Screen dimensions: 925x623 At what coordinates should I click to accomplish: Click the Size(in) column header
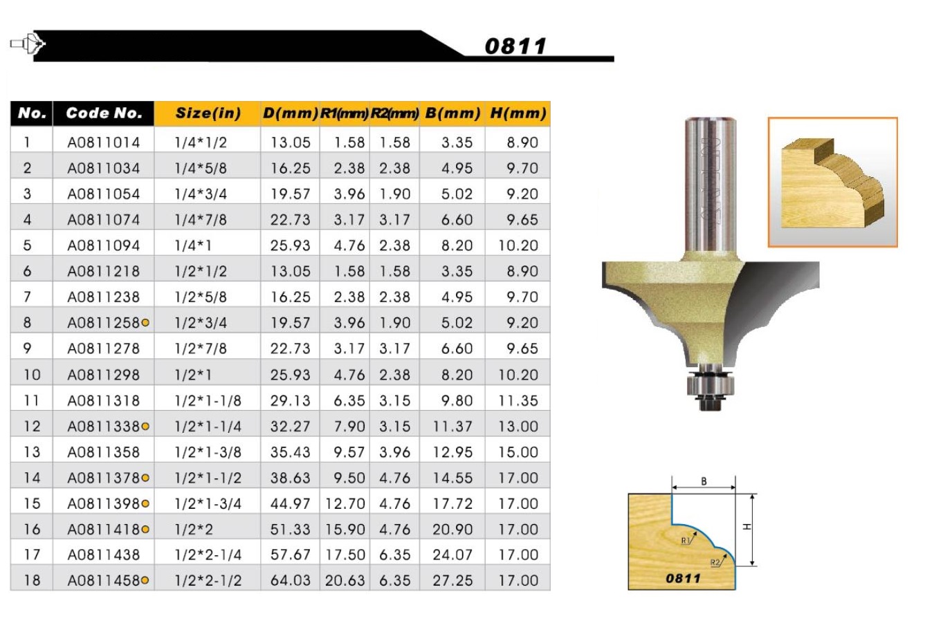point(208,113)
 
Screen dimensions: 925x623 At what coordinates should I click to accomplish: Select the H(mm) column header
point(518,113)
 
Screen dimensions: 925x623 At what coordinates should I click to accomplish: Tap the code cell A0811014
point(104,142)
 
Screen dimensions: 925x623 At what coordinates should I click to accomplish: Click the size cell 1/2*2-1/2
point(208,581)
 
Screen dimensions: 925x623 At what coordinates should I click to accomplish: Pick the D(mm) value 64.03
point(291,581)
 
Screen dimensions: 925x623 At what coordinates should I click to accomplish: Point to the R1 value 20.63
point(345,581)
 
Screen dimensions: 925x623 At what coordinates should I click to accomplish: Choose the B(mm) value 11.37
point(452,426)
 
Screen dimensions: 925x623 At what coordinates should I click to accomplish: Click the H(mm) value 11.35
point(518,400)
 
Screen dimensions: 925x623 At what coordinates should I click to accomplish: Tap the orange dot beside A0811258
point(145,323)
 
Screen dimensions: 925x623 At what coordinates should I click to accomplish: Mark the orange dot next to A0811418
point(145,530)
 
